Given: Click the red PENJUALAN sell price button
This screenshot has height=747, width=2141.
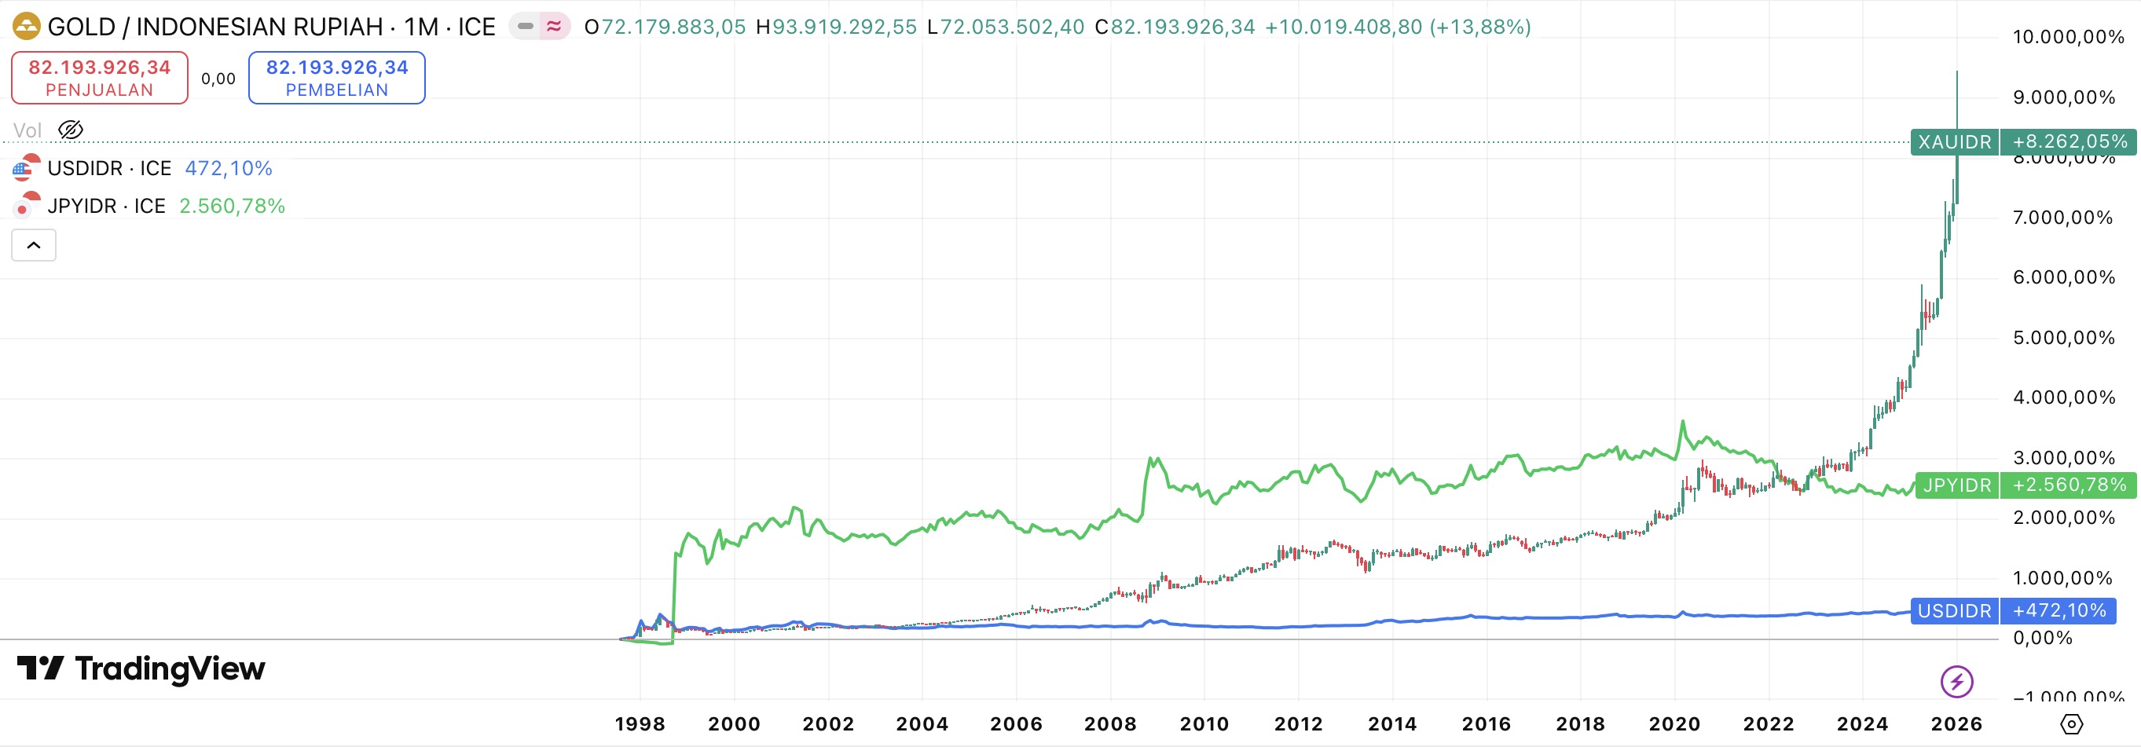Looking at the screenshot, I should (x=100, y=77).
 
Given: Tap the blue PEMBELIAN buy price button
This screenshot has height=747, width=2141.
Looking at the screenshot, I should (x=336, y=77).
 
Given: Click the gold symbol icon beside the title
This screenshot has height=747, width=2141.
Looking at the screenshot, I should (x=27, y=27).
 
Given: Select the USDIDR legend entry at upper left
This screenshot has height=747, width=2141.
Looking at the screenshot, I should (x=109, y=169).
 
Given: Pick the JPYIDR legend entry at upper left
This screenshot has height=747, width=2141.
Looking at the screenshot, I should (x=106, y=206).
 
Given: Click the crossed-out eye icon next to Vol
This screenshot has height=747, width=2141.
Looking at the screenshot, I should (x=71, y=130).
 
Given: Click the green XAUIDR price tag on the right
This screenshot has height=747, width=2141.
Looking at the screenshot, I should (x=1954, y=142).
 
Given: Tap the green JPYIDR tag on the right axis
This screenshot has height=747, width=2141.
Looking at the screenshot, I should (x=1956, y=485).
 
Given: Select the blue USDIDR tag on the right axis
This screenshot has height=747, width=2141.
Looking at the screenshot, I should (x=1954, y=612).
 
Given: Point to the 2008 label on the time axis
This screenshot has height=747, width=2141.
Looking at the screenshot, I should (x=1109, y=723).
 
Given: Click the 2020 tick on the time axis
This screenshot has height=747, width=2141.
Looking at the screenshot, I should (x=1674, y=723).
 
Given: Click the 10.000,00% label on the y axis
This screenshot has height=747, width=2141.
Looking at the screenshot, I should (x=2068, y=37).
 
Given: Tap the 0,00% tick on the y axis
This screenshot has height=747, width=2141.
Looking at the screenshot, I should (x=2042, y=638).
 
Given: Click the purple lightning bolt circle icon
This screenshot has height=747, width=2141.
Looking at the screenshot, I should (x=1956, y=682).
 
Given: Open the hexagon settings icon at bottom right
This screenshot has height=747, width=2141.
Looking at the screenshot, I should (x=2071, y=723).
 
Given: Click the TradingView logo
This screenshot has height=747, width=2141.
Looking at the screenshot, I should (x=141, y=668).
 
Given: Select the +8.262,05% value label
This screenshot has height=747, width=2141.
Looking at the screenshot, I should (x=2069, y=142).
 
